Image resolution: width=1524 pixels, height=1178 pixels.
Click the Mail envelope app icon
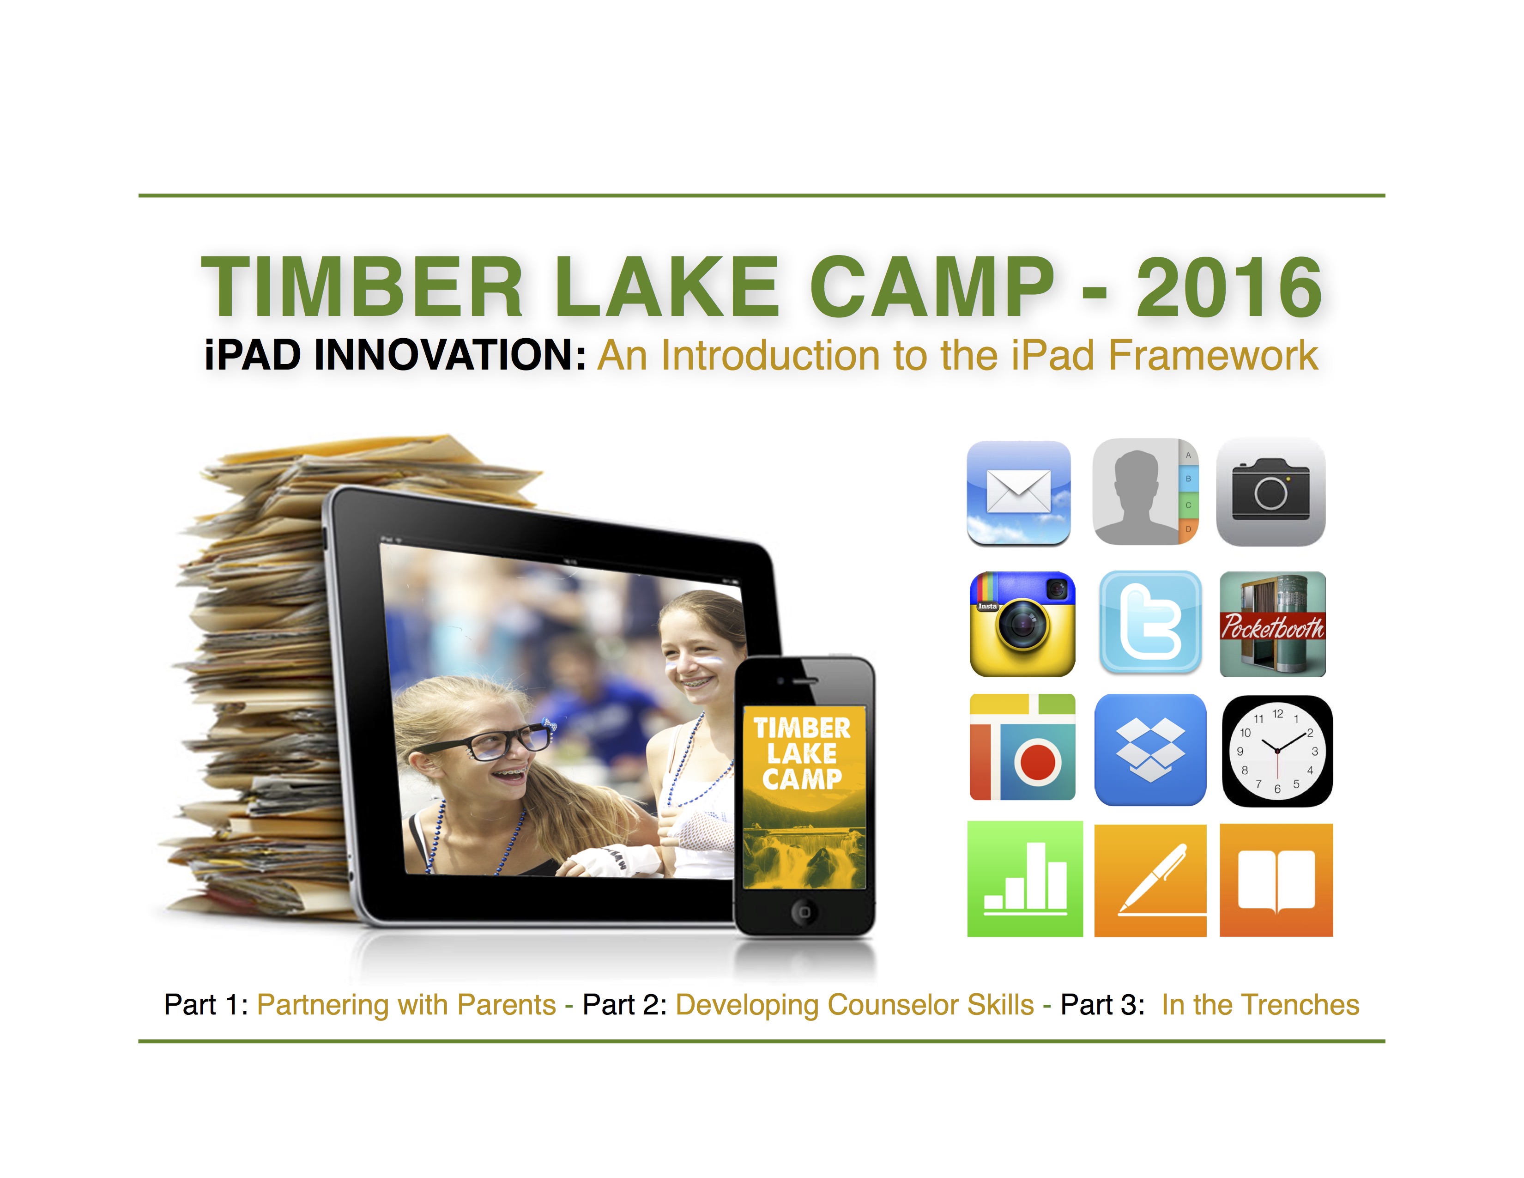pyautogui.click(x=1018, y=493)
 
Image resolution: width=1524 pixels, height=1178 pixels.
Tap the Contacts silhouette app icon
pyautogui.click(x=1145, y=492)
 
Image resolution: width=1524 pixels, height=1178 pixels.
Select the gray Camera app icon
pyautogui.click(x=1271, y=492)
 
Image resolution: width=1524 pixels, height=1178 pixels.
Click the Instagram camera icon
pyautogui.click(x=1022, y=624)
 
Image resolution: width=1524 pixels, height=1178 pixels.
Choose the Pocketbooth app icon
pyautogui.click(x=1273, y=624)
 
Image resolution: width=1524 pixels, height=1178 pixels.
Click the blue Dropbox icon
pyautogui.click(x=1150, y=749)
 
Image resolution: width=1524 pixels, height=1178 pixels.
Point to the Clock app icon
pyautogui.click(x=1277, y=751)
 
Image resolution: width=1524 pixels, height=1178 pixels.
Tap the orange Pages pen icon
pyautogui.click(x=1150, y=880)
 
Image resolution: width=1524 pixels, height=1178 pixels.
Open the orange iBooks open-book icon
pyautogui.click(x=1276, y=880)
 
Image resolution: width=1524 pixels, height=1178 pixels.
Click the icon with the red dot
pyautogui.click(x=1022, y=747)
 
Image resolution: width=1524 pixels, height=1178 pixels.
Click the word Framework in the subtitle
pyautogui.click(x=1213, y=355)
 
